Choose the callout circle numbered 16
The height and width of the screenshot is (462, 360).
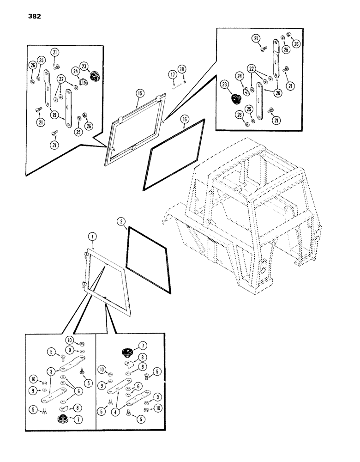184,119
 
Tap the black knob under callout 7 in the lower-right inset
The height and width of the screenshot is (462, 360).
127,353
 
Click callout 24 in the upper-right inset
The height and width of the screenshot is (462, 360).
239,76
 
